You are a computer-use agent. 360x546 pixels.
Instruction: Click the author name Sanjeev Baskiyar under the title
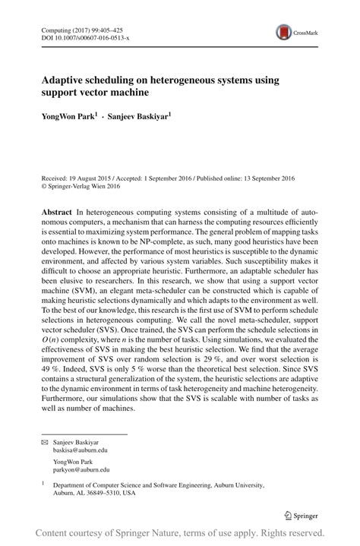137,117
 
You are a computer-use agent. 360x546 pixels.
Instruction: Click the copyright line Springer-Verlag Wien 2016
84,185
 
